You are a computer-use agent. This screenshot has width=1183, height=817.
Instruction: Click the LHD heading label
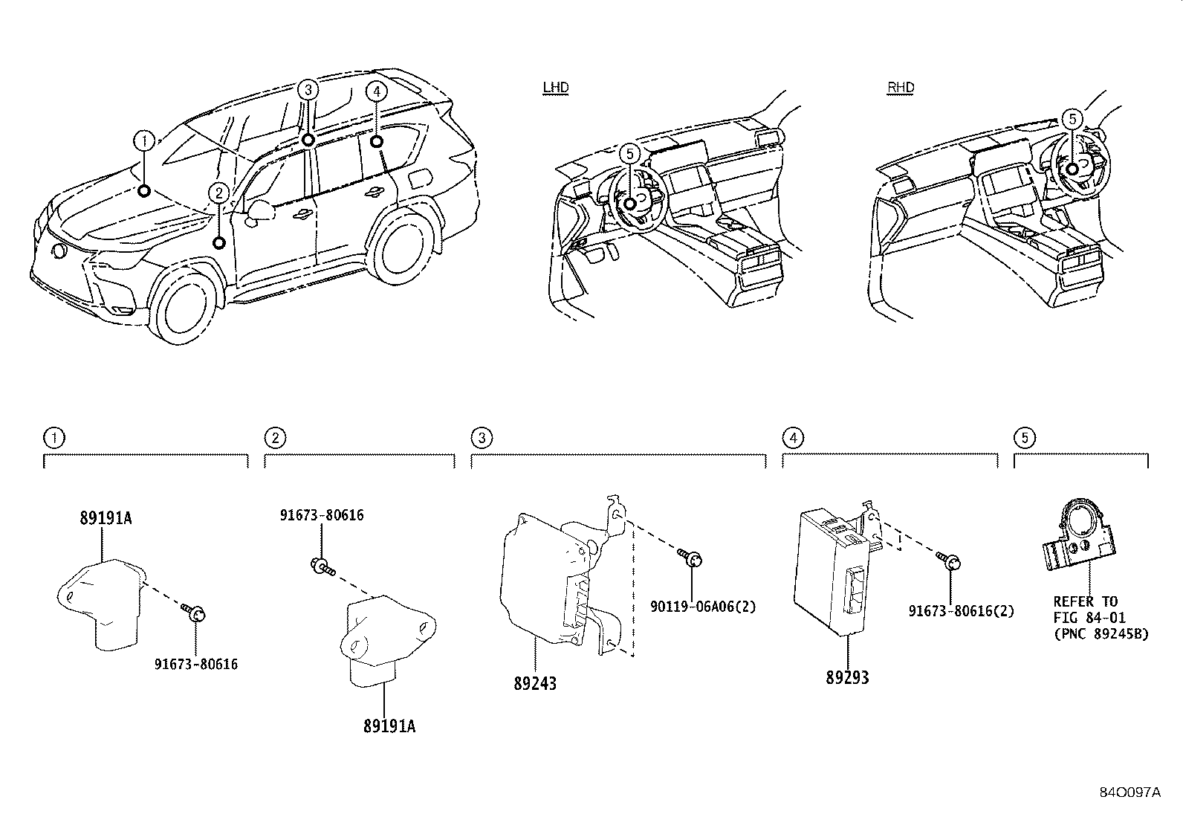(555, 88)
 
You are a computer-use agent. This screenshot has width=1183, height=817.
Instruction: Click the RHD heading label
(901, 88)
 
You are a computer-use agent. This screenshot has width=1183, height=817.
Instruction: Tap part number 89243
(534, 683)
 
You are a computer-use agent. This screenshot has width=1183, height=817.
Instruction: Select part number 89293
(846, 677)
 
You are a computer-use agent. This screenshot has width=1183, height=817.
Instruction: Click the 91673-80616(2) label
(961, 611)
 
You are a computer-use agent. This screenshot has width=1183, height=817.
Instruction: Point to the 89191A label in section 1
(106, 518)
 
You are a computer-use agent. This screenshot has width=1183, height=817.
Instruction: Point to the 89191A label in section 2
(389, 726)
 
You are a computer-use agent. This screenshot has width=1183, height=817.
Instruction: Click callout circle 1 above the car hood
(144, 139)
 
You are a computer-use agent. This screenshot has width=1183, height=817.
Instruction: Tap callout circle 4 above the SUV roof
(377, 91)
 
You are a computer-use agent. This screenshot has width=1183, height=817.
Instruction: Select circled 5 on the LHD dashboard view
(629, 154)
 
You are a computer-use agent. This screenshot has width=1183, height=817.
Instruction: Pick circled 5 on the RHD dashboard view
(1071, 119)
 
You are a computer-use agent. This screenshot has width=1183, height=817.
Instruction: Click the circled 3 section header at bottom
(482, 438)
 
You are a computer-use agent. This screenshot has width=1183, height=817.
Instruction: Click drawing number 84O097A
(1129, 792)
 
